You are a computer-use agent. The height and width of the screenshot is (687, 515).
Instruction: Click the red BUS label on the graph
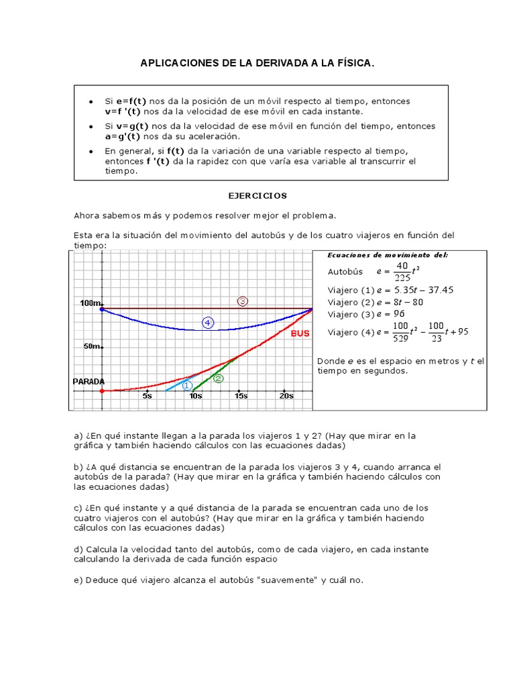click(300, 333)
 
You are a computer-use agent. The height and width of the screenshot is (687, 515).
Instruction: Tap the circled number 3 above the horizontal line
click(243, 301)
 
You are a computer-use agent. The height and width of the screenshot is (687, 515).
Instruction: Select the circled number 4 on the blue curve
click(208, 323)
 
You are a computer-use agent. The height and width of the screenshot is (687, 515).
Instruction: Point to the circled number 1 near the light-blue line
click(187, 385)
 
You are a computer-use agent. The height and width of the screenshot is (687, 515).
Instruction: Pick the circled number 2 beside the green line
click(218, 378)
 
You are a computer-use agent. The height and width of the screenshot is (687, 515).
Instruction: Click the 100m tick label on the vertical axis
click(90, 303)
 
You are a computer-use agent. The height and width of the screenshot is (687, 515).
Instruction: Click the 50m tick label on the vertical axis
click(91, 346)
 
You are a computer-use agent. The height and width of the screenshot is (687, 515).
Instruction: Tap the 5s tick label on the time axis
click(148, 396)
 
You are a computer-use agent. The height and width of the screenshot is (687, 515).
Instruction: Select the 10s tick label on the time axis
click(195, 396)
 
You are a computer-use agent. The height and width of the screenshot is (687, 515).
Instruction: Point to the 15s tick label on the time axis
click(241, 396)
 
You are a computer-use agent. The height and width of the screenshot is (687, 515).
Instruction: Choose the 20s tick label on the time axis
click(286, 396)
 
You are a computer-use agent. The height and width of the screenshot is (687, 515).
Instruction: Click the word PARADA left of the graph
click(89, 381)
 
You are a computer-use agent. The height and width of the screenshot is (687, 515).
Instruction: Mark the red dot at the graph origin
click(101, 390)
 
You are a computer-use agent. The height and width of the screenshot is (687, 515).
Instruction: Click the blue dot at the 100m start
click(101, 309)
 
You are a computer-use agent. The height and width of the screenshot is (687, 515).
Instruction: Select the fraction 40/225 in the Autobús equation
click(402, 272)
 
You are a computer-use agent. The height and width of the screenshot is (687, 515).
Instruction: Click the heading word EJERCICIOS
click(257, 196)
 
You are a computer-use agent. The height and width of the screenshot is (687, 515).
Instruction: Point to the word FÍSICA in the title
click(351, 63)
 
